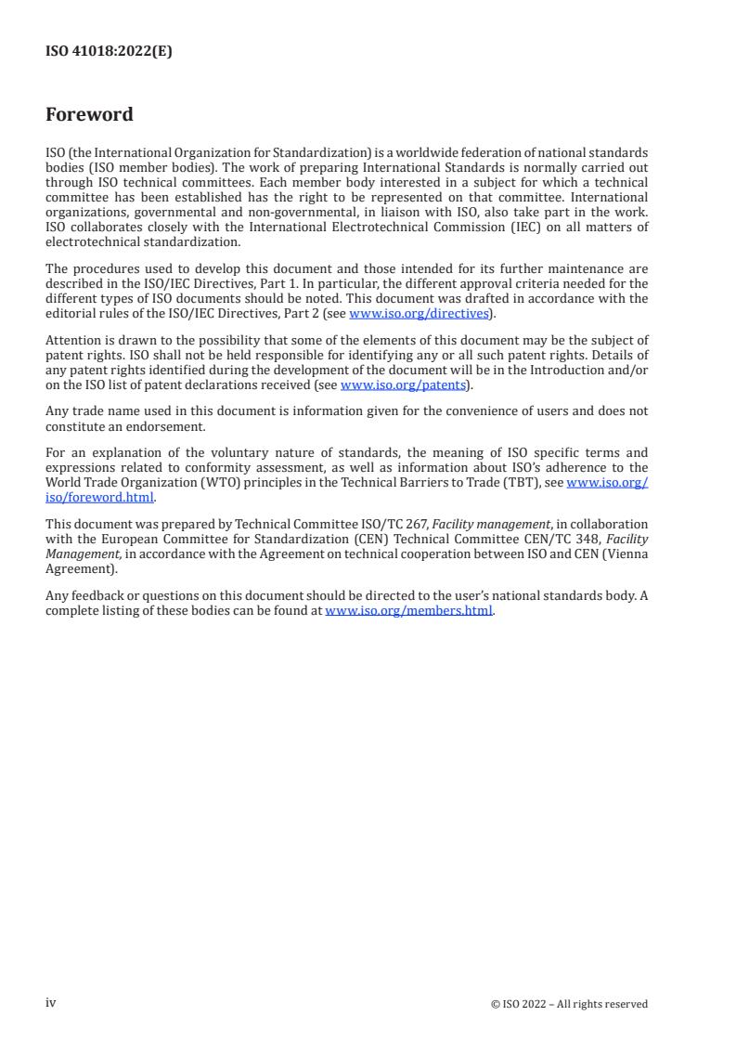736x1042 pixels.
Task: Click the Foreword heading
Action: pyautogui.click(x=89, y=115)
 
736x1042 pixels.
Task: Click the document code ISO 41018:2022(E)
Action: pyautogui.click(x=109, y=52)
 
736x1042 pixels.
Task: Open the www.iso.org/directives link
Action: pyautogui.click(x=419, y=313)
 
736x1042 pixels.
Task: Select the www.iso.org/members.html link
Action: pyautogui.click(x=408, y=610)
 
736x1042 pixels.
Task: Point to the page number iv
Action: pyautogui.click(x=51, y=1003)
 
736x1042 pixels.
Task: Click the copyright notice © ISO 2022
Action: pyautogui.click(x=569, y=1004)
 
